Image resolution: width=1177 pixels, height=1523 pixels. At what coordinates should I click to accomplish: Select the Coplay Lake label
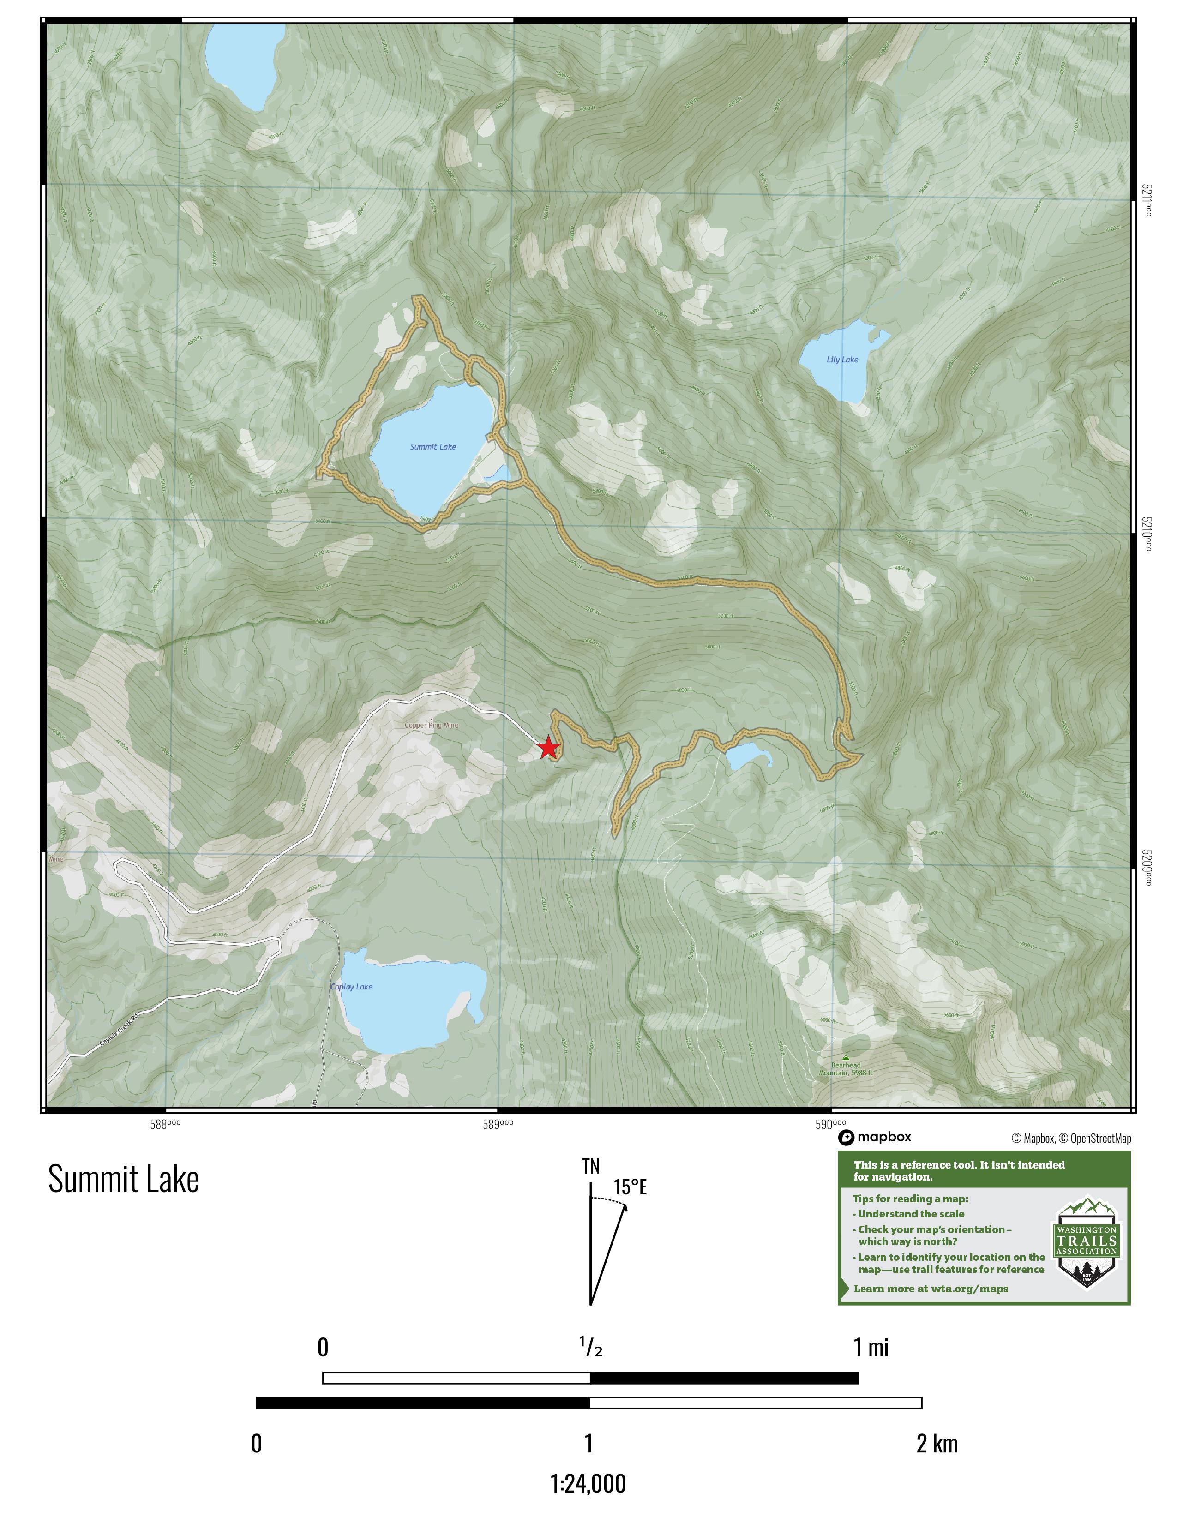[351, 987]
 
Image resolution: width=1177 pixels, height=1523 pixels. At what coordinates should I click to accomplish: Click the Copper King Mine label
[432, 725]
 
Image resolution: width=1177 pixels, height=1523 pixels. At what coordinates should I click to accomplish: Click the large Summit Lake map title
[123, 1179]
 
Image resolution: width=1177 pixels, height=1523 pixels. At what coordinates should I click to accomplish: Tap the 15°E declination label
[630, 1187]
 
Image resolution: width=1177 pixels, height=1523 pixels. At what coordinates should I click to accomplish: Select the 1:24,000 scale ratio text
[588, 1483]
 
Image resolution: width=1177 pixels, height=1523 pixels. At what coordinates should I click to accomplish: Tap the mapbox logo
[875, 1137]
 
